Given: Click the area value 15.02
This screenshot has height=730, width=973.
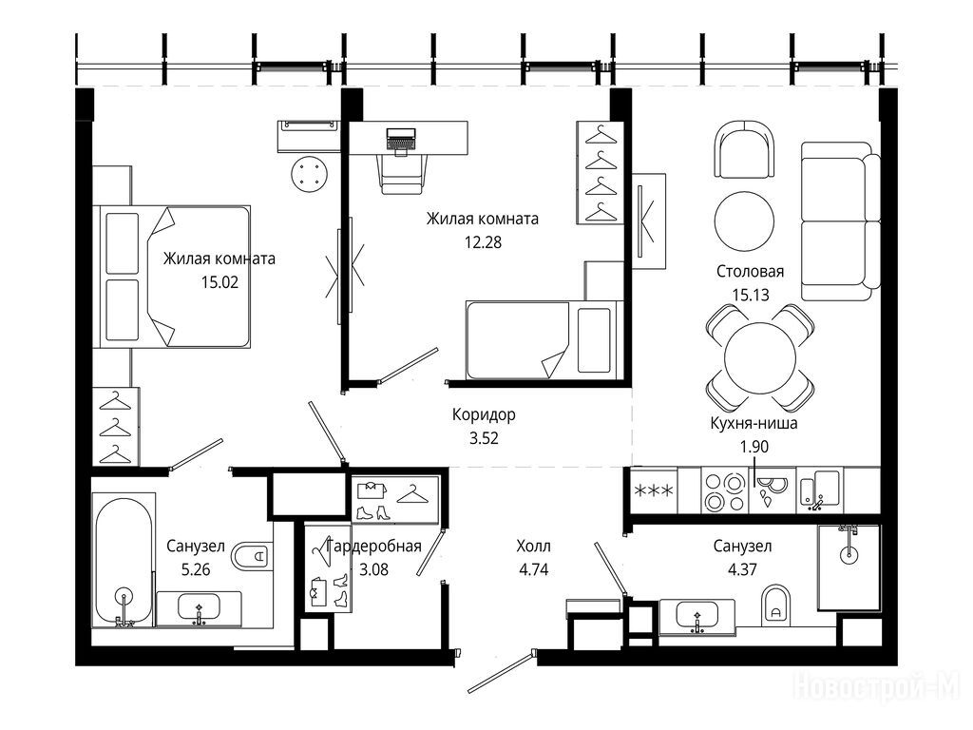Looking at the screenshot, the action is coord(219,282).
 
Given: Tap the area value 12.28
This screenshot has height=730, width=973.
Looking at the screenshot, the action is coord(483,242).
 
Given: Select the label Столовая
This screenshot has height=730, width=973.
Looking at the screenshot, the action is coord(751,271).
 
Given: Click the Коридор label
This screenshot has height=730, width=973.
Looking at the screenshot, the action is coord(484,414).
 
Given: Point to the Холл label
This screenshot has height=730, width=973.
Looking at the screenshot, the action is coord(534,547).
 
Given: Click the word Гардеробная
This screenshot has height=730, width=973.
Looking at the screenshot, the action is coord(373,547).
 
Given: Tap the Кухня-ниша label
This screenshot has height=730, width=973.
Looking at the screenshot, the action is coord(754,423).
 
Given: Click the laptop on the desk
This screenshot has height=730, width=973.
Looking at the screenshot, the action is coord(401,140).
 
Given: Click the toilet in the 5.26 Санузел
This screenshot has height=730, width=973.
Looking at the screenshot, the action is coord(252,556).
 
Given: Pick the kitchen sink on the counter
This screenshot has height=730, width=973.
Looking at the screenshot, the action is coord(820,490).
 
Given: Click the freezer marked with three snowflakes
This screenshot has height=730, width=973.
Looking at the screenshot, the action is coord(654,490).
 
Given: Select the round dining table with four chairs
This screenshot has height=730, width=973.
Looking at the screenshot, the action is coord(760,357).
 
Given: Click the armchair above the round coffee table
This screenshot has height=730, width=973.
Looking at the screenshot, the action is coord(745,149).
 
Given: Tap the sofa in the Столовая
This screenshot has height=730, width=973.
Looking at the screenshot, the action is coord(840,221).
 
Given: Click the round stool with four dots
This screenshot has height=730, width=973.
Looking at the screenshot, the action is coord(309,173).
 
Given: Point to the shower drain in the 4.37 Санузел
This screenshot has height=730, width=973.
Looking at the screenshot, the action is coord(849,554).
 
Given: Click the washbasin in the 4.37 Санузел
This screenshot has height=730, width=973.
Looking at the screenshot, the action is coord(696,618).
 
